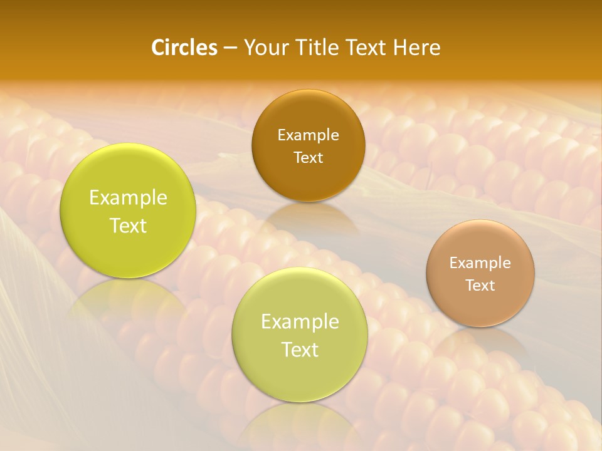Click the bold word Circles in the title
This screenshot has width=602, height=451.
184,48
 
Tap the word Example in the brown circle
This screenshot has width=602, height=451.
308,135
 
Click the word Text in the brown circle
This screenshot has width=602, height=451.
308,157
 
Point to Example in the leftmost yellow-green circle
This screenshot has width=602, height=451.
128,198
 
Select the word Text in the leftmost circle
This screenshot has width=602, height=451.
128,225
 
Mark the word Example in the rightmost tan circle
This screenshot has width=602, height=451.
480,262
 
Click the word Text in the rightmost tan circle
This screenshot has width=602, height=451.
480,285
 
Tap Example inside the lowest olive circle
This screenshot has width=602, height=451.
300,322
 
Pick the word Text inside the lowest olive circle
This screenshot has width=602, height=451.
300,350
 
